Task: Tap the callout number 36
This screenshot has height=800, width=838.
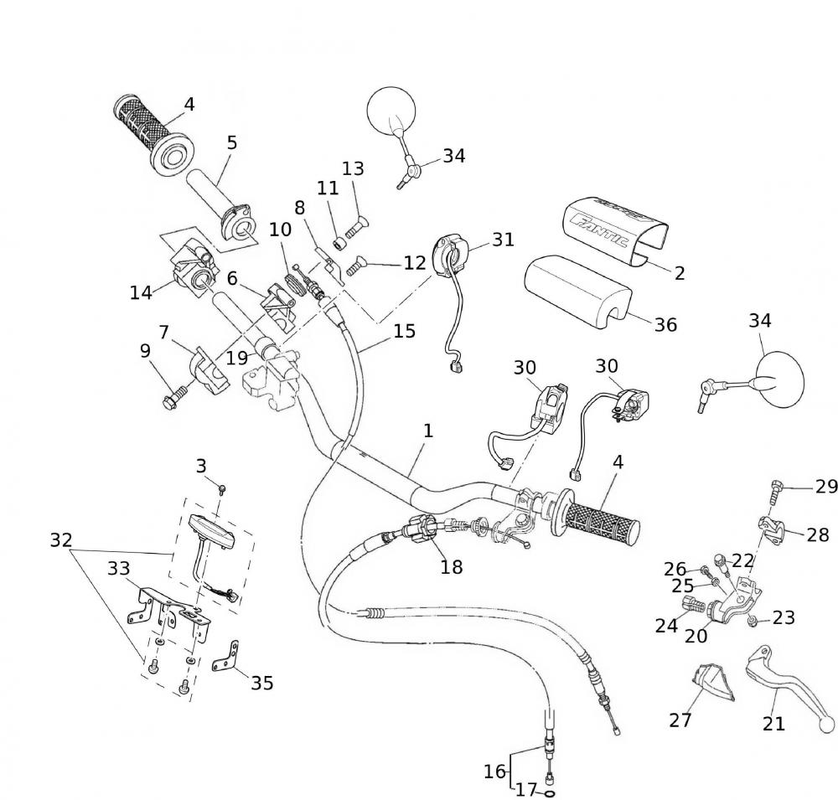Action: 665,324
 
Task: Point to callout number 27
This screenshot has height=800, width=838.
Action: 680,720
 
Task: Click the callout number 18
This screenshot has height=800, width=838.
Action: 451,567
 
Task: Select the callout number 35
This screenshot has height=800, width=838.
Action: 262,683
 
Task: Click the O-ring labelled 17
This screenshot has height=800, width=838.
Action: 551,792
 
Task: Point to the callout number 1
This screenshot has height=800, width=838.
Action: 428,431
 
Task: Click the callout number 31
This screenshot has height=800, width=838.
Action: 503,240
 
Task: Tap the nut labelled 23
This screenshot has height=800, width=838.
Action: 753,621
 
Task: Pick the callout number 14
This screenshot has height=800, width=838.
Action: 141,292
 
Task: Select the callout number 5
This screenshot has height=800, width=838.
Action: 231,142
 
